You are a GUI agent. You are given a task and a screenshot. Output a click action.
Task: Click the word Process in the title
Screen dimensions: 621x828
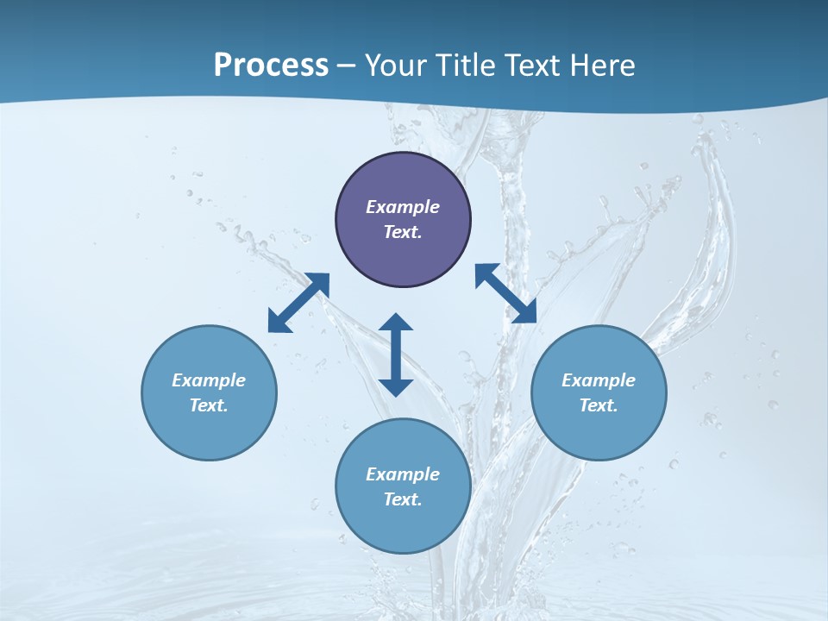point(271,66)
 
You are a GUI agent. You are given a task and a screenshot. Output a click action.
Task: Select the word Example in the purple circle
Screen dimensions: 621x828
point(403,207)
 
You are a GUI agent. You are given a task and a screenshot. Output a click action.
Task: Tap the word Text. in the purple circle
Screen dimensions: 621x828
point(403,232)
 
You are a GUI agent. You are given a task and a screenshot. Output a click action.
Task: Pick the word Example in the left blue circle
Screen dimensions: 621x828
point(209,380)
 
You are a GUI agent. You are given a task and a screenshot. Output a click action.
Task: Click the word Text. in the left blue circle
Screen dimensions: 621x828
point(209,405)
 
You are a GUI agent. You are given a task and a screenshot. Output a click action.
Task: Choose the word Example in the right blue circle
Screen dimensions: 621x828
point(599,380)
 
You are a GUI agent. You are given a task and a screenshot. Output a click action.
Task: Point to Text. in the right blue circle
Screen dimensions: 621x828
point(599,405)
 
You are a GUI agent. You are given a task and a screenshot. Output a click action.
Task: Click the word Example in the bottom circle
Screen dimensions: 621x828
point(403,474)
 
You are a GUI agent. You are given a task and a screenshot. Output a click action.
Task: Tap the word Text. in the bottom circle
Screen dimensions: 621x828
point(403,499)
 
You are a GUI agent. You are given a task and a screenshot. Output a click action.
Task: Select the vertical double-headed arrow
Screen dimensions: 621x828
point(396,354)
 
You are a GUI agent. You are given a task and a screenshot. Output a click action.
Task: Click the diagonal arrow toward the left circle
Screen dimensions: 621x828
point(298,303)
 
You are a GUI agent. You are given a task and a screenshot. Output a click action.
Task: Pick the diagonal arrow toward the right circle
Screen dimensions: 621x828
point(505,294)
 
